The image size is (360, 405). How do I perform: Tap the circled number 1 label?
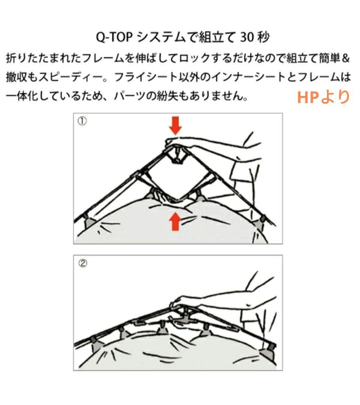[82, 121]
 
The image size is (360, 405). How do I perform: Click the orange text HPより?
[323, 97]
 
